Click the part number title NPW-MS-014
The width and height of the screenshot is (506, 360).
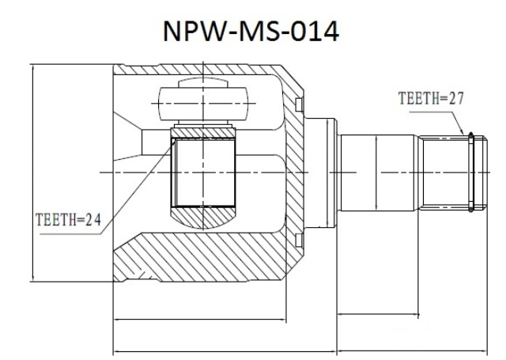[251, 32]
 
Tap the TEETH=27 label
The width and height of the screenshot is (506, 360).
[431, 98]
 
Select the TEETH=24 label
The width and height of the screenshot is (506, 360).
[68, 219]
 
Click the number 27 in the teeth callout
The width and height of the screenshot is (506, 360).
[456, 98]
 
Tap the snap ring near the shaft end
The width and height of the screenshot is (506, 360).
[471, 172]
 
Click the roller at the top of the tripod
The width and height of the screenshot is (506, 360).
[203, 104]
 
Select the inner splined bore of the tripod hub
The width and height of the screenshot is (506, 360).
[203, 172]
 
